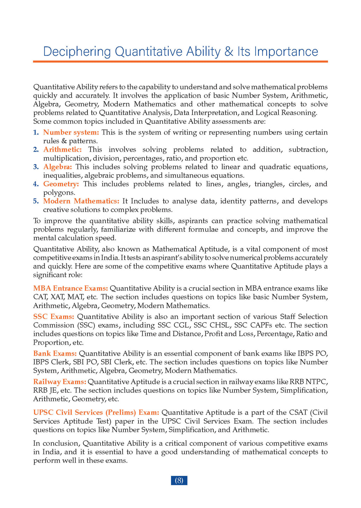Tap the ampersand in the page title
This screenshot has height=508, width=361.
228,52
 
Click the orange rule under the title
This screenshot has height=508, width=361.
180,61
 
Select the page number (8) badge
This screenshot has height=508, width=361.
179,480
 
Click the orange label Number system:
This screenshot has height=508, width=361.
71,132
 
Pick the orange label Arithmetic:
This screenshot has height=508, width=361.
62,150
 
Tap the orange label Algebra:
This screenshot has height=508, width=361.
57,167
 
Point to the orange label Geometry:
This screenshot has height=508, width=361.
61,184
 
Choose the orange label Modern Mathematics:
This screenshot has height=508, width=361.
81,201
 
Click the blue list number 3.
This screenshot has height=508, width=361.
36,167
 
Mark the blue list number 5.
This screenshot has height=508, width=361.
36,201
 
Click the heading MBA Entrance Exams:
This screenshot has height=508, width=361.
71,288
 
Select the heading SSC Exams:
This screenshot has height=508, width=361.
54,316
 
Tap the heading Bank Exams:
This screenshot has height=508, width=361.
55,353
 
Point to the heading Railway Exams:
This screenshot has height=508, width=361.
60,382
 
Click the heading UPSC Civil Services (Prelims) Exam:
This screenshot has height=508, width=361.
96,412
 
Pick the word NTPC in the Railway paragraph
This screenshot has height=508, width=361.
317,382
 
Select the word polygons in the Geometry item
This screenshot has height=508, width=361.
59,193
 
